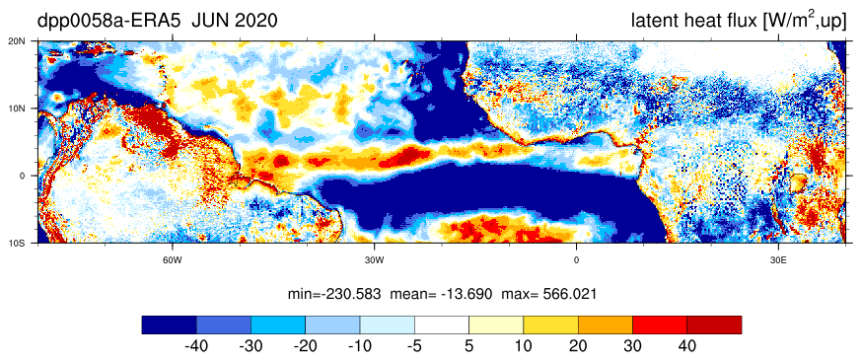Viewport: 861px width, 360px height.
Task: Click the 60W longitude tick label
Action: coord(173,259)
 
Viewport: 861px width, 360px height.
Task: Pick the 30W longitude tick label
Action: coord(374,259)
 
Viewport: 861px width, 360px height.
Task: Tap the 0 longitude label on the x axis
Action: coord(576,259)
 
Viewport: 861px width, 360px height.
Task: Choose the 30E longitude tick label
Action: coord(777,259)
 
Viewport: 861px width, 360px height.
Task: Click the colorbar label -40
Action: coord(196,346)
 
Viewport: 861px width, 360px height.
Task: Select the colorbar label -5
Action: coord(414,346)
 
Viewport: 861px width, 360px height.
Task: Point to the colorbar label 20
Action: coord(578,346)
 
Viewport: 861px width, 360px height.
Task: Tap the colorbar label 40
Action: coord(687,346)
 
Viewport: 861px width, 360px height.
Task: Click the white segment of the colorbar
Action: coord(442,324)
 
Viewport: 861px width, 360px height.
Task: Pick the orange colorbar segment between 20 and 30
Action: coord(606,324)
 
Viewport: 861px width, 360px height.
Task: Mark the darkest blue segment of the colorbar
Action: coord(169,324)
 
